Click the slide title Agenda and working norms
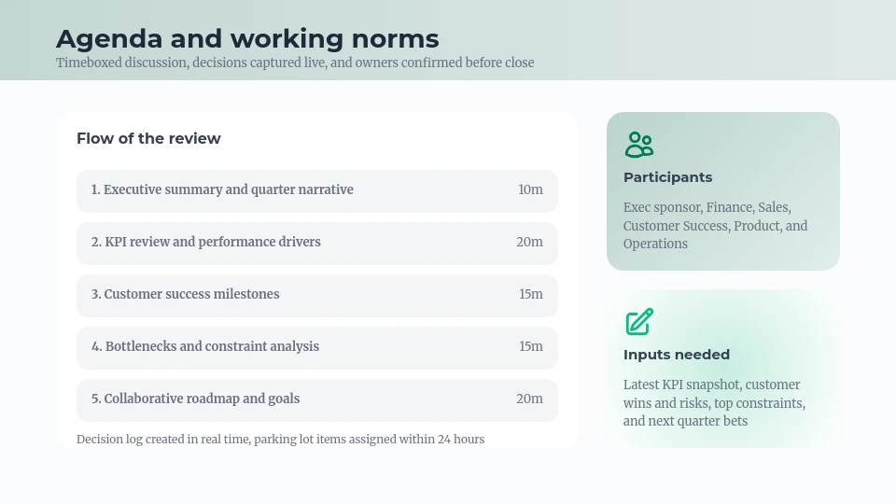click(247, 39)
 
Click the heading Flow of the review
click(148, 139)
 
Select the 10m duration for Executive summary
click(530, 190)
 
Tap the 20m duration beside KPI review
click(529, 243)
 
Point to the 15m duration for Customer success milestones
click(530, 295)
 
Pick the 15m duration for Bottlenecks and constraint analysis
click(530, 347)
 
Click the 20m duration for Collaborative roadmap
click(529, 399)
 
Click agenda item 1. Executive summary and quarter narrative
click(222, 190)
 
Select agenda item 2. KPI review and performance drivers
click(206, 243)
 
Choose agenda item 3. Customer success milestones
click(186, 295)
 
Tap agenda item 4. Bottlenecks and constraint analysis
click(205, 347)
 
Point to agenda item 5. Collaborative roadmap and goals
click(196, 399)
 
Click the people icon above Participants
click(639, 145)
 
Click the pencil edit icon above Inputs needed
click(639, 322)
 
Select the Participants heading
click(667, 177)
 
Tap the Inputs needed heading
click(677, 355)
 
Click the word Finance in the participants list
click(729, 208)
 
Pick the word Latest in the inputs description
click(641, 385)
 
